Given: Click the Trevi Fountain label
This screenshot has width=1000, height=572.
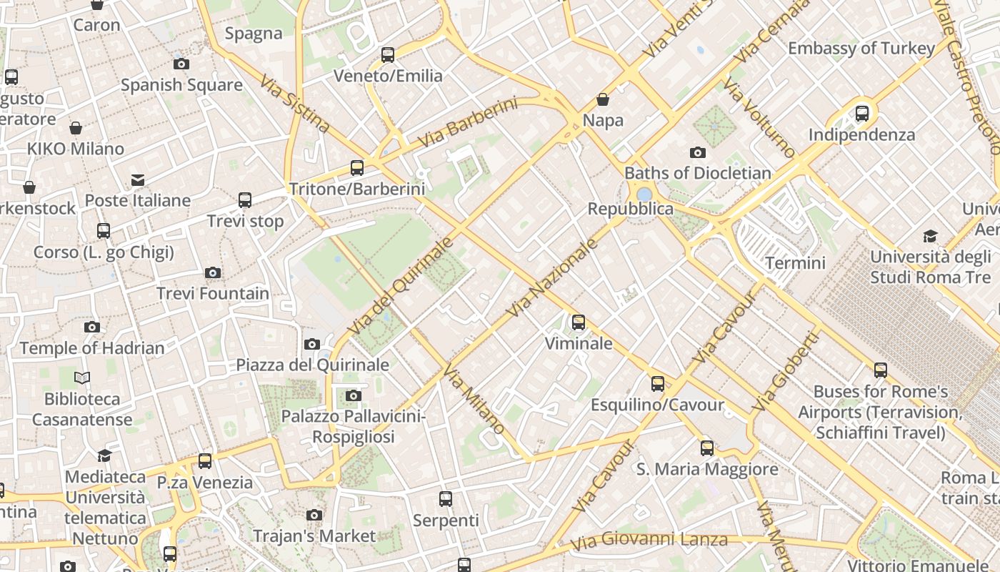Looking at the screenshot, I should pyautogui.click(x=213, y=293).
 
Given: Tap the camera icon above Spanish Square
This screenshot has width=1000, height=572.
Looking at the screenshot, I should pyautogui.click(x=181, y=64).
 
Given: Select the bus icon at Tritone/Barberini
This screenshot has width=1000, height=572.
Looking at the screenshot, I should pyautogui.click(x=357, y=168).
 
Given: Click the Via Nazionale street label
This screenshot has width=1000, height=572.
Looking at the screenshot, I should pyautogui.click(x=551, y=278).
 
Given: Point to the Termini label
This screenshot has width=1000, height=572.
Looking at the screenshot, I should pyautogui.click(x=795, y=262).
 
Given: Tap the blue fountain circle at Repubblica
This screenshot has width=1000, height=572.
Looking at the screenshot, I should pyautogui.click(x=644, y=194).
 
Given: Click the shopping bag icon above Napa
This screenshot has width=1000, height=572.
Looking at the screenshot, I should pyautogui.click(x=603, y=99).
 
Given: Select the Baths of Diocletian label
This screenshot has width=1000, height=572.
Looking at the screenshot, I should pyautogui.click(x=698, y=173).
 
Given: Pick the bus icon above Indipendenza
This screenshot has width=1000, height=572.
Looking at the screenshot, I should pyautogui.click(x=862, y=113).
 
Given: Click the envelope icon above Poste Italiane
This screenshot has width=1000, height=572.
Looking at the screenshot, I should pyautogui.click(x=137, y=179).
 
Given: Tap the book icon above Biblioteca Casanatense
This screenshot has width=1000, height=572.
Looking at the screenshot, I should pyautogui.click(x=82, y=378).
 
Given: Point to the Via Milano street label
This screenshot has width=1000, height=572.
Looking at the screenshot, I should pyautogui.click(x=474, y=400).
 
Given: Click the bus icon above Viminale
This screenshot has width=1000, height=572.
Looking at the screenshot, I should pyautogui.click(x=579, y=322).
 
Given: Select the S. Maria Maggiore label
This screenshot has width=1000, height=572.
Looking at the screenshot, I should pyautogui.click(x=707, y=469).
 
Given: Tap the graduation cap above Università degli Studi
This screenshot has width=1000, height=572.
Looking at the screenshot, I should pyautogui.click(x=930, y=236).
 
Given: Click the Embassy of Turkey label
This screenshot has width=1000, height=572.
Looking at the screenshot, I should pyautogui.click(x=861, y=49).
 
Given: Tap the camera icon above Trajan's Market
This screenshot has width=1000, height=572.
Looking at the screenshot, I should pyautogui.click(x=314, y=515).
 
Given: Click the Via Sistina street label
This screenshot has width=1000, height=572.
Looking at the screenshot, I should pyautogui.click(x=295, y=104).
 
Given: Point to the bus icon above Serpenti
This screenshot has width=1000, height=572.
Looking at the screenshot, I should pyautogui.click(x=446, y=499).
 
